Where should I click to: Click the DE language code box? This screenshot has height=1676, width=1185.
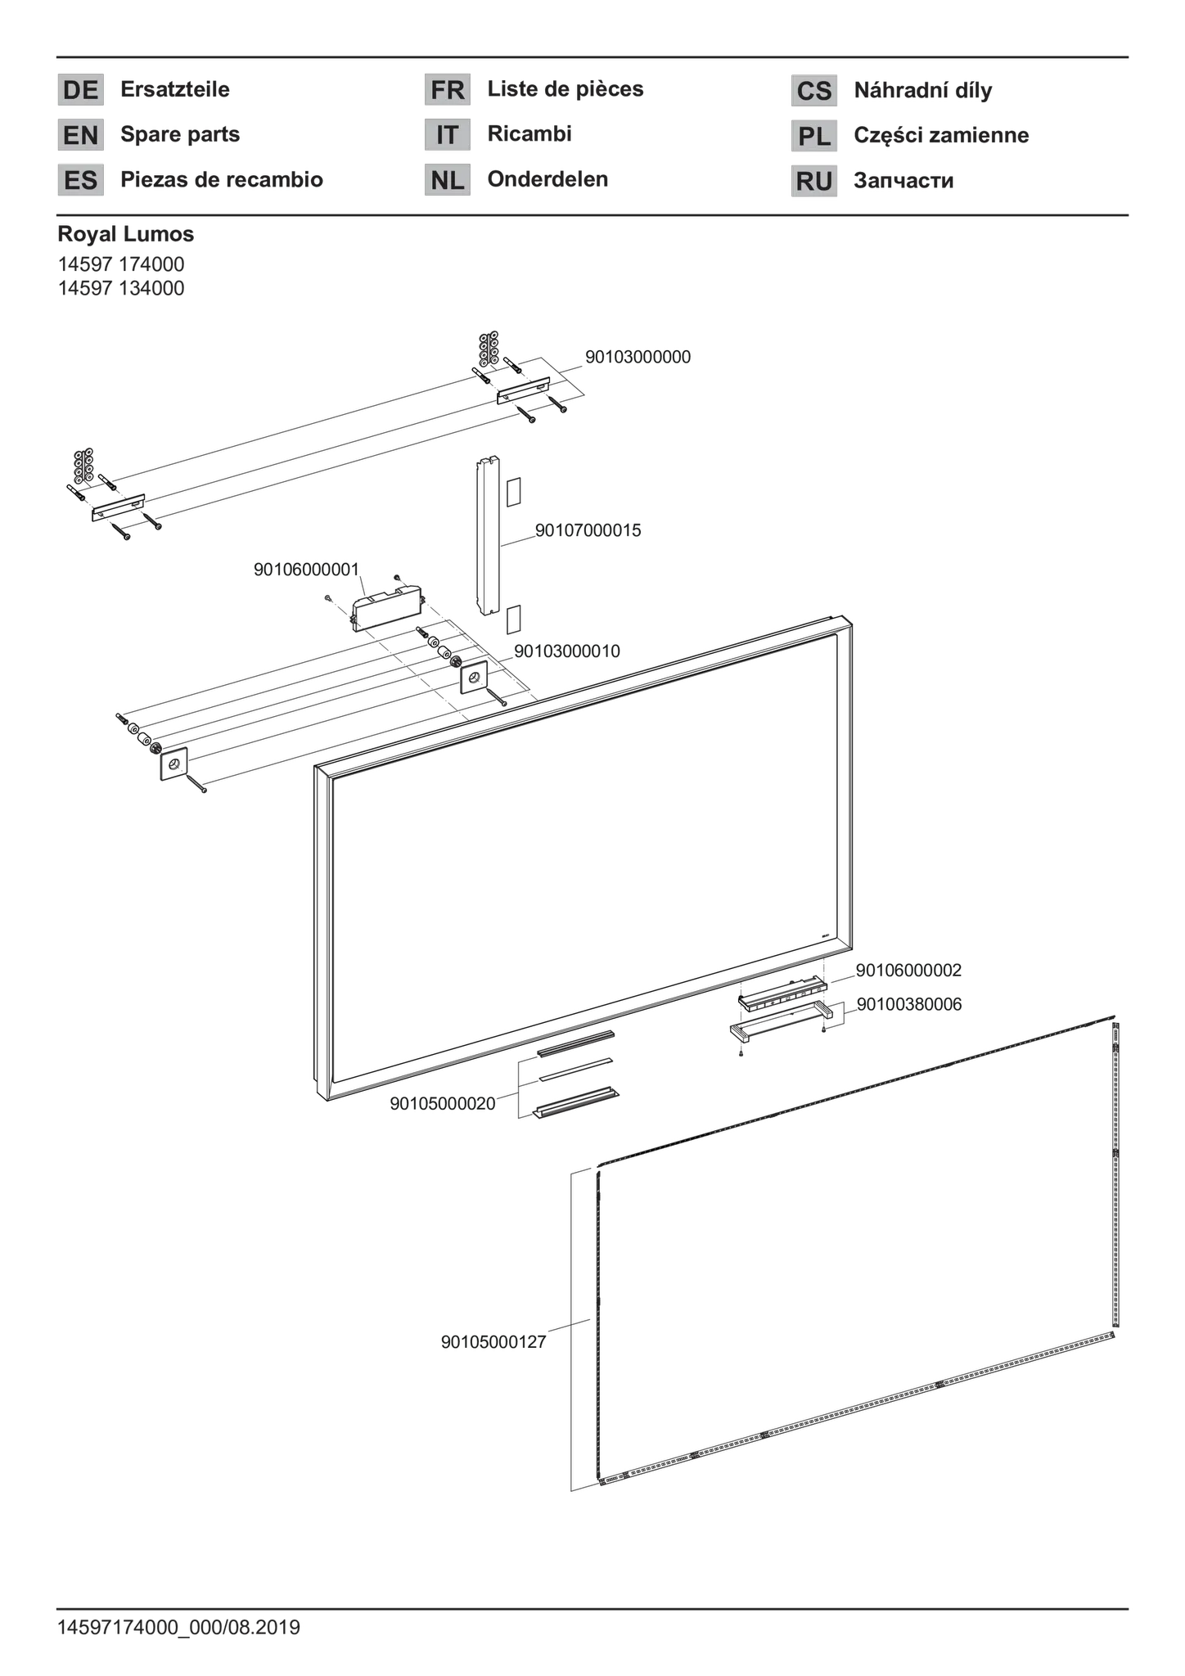tap(80, 89)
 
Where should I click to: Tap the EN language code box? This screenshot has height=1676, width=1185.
tap(80, 134)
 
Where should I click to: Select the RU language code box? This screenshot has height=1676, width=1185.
tap(813, 181)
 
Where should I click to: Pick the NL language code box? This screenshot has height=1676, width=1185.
tap(447, 180)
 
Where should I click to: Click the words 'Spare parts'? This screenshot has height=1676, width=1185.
tap(180, 134)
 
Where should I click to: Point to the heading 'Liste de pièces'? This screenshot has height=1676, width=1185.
tap(565, 89)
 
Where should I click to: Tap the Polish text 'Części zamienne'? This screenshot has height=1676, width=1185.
tap(941, 135)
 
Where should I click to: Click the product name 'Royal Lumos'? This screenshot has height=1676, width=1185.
tap(126, 234)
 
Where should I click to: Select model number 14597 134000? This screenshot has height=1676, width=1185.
tap(121, 288)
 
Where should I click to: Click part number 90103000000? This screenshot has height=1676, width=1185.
tap(638, 357)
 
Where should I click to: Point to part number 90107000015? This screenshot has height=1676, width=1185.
tap(588, 530)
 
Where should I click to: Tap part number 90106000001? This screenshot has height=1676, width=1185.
tap(307, 570)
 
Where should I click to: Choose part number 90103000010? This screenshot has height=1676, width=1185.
tap(566, 651)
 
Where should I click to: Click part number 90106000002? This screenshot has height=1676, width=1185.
tap(908, 971)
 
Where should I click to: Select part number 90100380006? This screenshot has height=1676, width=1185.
tap(909, 1004)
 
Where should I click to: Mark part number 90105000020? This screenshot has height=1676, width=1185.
tap(443, 1104)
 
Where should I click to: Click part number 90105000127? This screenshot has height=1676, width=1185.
tap(493, 1342)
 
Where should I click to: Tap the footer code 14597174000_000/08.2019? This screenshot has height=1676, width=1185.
tap(178, 1627)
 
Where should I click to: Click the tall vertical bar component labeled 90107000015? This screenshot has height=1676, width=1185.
tap(488, 536)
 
